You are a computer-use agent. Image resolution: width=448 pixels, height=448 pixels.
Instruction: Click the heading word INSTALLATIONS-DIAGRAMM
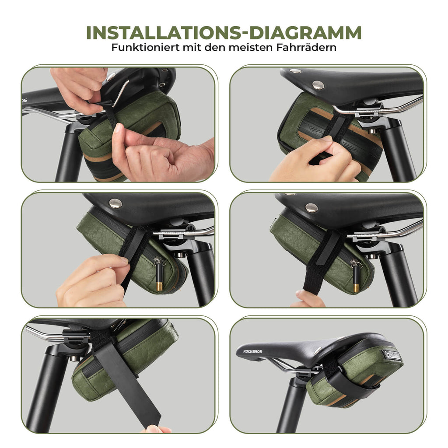coord(224,33)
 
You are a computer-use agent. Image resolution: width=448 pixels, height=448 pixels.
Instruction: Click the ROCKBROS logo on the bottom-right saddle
coord(252,351)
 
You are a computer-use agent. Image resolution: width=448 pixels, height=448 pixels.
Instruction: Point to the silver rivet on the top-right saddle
coord(318,85)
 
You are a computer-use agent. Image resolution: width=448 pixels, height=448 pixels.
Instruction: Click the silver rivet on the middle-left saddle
coord(115,203)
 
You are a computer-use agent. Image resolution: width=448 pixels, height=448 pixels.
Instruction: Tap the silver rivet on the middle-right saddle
coord(311,208)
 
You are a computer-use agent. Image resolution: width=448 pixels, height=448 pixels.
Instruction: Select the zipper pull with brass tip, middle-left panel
coord(158,274)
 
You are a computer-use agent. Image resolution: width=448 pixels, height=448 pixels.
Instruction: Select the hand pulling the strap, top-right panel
coord(314,160)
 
